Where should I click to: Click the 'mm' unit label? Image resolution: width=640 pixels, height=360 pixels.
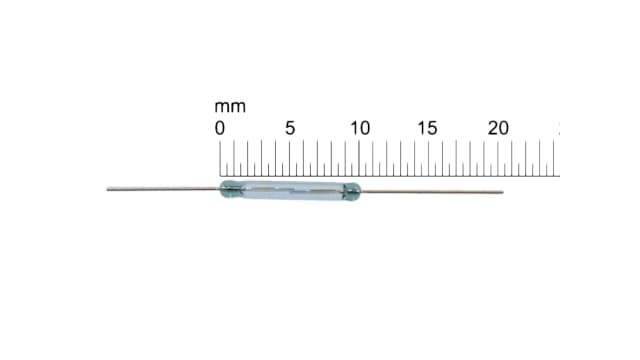(230, 106)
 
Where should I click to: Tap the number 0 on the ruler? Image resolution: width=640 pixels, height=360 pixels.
(220, 128)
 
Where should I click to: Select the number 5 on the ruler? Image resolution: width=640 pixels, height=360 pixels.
(290, 128)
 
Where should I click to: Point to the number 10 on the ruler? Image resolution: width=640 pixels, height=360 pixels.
(359, 128)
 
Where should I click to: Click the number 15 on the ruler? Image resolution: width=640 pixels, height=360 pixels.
(427, 128)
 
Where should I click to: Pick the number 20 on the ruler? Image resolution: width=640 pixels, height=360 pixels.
(498, 128)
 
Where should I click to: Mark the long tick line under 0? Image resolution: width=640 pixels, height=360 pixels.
(221, 158)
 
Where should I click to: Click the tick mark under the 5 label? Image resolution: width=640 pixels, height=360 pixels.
(290, 158)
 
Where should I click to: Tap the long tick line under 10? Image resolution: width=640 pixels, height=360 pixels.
(359, 158)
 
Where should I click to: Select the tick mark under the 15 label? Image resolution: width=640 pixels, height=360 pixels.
(428, 158)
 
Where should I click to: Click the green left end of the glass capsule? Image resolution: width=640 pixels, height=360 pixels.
(229, 188)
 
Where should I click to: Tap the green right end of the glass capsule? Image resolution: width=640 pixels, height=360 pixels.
(351, 189)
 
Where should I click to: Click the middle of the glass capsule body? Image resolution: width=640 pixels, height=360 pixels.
(290, 189)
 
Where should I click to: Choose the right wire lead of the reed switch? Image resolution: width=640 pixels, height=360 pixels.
(430, 190)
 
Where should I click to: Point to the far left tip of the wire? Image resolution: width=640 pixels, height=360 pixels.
(108, 187)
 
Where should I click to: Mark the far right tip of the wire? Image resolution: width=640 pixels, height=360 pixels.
(502, 191)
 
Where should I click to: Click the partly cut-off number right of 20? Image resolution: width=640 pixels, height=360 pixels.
(558, 128)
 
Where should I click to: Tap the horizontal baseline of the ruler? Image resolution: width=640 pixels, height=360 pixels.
(390, 176)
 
